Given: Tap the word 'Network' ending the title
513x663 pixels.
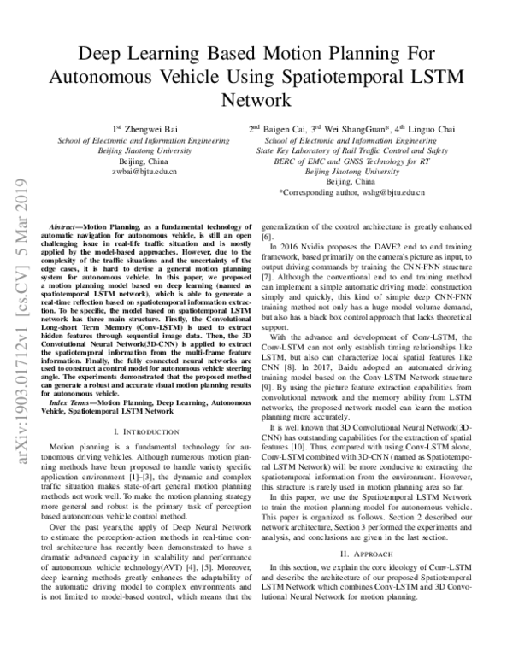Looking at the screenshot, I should pos(256,99).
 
